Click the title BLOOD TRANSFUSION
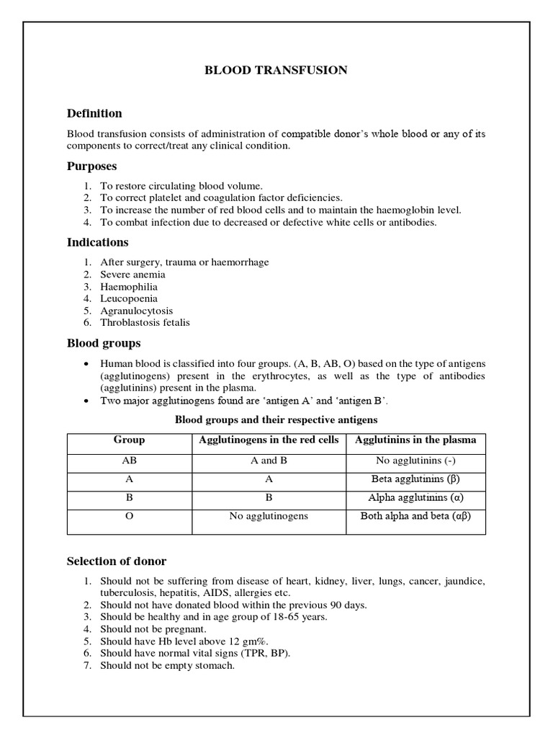click(x=276, y=70)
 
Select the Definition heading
click(x=94, y=113)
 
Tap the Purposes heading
click(x=91, y=166)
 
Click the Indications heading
click(x=97, y=242)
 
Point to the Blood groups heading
click(x=104, y=343)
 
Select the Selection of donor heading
click(x=117, y=561)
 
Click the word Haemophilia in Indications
click(x=129, y=286)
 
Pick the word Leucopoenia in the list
click(x=129, y=298)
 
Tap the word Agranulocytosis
click(x=136, y=311)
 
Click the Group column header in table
click(x=129, y=440)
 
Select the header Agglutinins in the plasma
click(x=415, y=440)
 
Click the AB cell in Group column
click(x=129, y=461)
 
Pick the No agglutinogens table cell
click(x=269, y=516)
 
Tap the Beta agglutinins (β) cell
click(x=415, y=479)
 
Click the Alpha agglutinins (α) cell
click(x=415, y=497)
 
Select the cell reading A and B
click(x=269, y=461)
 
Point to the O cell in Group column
click(x=129, y=516)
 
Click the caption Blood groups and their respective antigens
click(x=276, y=419)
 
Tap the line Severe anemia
click(x=132, y=274)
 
